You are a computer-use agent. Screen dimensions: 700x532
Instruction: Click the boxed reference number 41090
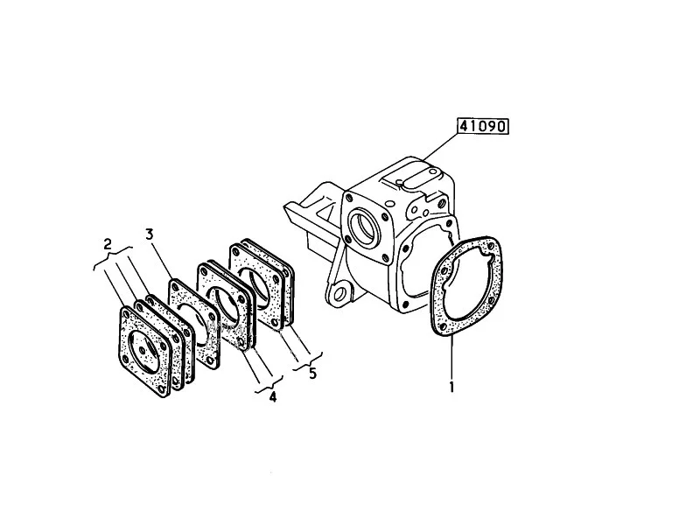483,126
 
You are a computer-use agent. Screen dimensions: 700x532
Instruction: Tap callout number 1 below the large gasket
451,387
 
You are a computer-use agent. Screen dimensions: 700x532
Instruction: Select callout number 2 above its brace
107,243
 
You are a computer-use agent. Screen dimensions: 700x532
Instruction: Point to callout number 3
150,234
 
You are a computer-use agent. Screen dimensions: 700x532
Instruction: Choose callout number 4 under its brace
273,395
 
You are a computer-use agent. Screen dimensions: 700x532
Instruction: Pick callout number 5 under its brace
312,373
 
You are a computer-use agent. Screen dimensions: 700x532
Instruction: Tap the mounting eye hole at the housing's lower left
339,294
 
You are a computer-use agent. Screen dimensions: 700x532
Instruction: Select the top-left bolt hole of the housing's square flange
348,196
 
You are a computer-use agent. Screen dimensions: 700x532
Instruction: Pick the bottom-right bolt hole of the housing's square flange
383,257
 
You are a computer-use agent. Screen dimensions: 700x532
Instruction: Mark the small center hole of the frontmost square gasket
142,351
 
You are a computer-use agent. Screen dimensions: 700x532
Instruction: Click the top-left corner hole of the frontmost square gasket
126,315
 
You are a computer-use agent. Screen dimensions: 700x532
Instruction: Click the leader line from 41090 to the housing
440,146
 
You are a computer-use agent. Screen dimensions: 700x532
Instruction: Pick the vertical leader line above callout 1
451,358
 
